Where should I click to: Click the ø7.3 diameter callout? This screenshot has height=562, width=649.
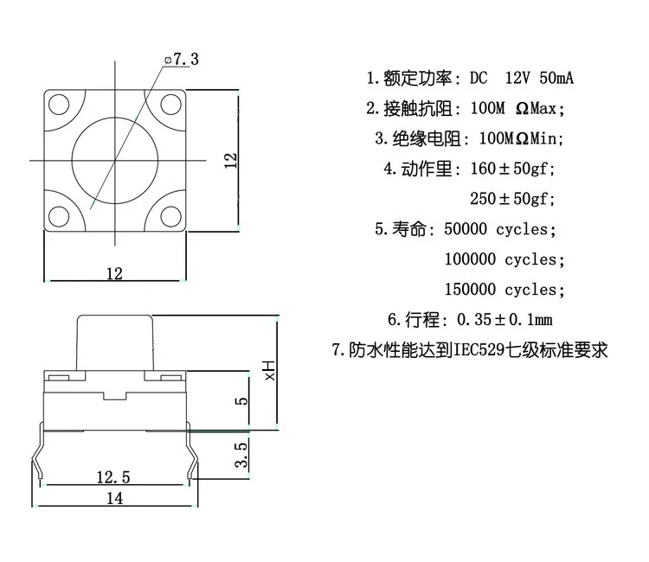[182, 59]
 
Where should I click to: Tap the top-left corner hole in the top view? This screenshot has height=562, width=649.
[59, 105]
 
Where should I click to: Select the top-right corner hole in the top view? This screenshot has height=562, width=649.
[171, 105]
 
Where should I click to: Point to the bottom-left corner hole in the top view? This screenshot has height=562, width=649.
[59, 216]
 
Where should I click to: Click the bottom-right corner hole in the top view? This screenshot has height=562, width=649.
[171, 216]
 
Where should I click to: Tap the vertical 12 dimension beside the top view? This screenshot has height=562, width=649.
[230, 161]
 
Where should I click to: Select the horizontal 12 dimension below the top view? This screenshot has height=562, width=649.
[114, 273]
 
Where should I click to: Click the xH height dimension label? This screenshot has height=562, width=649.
[269, 371]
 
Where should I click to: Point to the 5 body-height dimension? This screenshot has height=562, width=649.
[241, 400]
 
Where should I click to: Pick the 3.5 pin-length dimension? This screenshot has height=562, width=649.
[241, 455]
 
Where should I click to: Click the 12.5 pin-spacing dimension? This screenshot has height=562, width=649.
[113, 477]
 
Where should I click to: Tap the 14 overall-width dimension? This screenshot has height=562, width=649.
[114, 498]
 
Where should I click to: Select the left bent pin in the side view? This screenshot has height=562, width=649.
[38, 454]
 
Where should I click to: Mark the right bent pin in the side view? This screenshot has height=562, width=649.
[192, 454]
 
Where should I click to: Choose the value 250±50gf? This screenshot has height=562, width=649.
[512, 199]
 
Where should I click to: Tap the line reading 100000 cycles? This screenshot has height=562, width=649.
[504, 259]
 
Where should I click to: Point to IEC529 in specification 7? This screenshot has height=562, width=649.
[479, 350]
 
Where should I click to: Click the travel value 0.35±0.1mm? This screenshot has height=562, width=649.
[505, 320]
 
